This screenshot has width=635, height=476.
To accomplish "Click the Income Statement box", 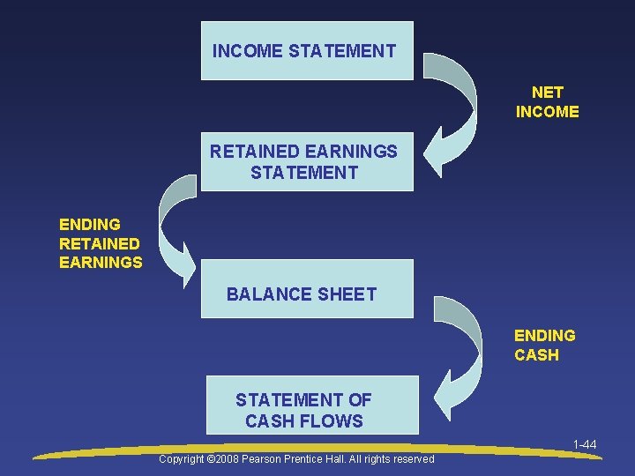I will point(306,51).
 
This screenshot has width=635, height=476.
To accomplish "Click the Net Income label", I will point(547,101).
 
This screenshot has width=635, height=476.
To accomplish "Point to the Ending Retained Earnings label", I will point(100,243).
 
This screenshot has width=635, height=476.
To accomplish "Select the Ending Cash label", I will point(544,345).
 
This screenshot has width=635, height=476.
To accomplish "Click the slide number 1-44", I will point(584,444).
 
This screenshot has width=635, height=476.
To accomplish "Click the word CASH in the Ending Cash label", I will point(536,354).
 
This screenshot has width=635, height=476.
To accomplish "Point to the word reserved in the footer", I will point(410,458).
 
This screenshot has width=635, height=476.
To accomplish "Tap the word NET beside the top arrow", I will point(547,92).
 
